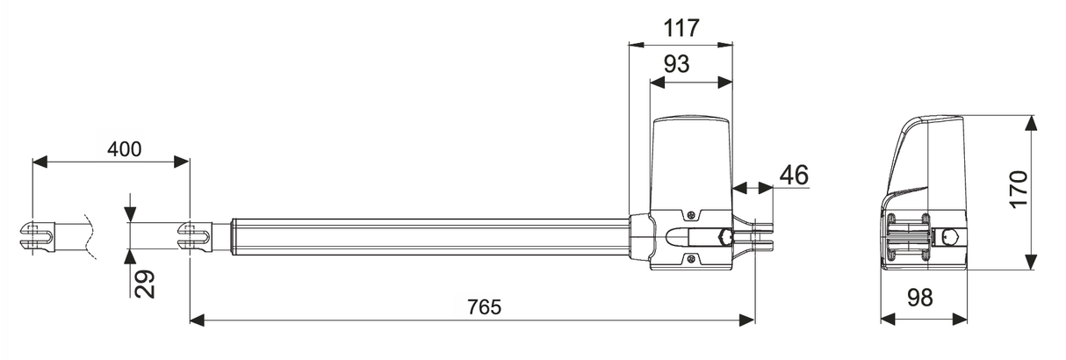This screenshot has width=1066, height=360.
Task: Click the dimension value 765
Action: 484,306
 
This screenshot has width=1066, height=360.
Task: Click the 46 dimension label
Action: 793,174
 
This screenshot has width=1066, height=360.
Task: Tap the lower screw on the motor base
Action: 693,258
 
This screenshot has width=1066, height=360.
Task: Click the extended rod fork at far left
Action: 36,234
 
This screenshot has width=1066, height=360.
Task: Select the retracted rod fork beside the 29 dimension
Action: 193,234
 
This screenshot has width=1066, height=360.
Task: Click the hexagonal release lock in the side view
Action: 724,236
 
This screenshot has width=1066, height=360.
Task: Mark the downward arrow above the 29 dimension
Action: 130,213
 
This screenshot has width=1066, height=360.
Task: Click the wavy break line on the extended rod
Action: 90,234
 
